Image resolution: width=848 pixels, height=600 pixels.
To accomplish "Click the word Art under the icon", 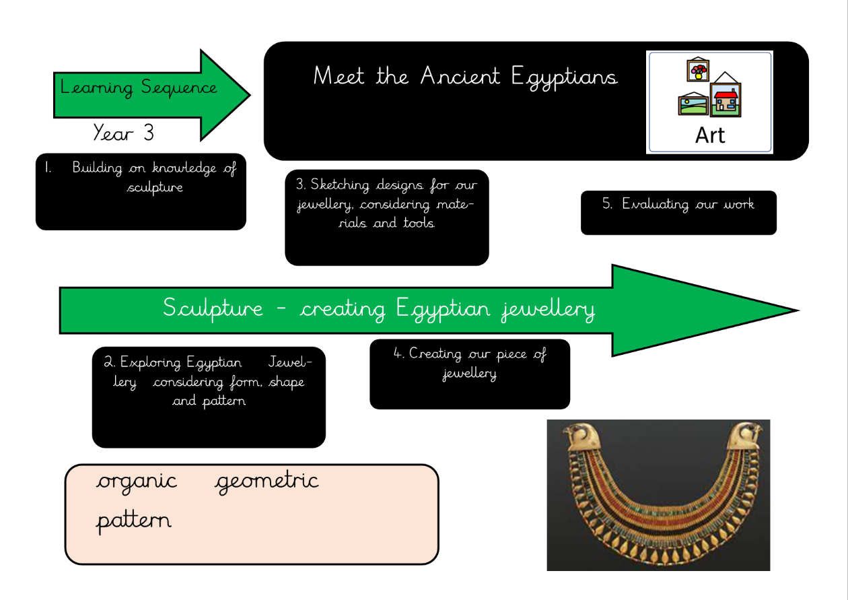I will coord(710,135).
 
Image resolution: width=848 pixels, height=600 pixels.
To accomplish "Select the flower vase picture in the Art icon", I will coord(697,69).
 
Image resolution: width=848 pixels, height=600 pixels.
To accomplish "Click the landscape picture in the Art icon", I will coord(693,105).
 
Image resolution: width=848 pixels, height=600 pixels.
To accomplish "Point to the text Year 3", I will coord(124,133).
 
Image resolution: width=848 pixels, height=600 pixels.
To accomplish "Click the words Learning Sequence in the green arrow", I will coord(139,88).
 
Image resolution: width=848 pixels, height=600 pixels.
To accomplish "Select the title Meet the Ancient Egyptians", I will coord(465,76).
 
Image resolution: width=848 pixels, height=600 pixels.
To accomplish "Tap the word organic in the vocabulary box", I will coord(137,482).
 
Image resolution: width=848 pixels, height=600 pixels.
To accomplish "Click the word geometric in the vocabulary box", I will coord(267,482).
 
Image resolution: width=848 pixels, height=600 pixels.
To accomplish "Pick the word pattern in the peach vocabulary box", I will coord(133,521).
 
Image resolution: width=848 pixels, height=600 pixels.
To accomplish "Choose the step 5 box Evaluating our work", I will coord(678,212).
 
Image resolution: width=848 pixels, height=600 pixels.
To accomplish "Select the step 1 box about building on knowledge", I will coord(141,192).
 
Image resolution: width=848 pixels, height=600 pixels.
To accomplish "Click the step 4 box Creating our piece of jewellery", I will coord(470,374).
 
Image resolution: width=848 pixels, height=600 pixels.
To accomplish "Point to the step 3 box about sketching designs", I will coord(387,217).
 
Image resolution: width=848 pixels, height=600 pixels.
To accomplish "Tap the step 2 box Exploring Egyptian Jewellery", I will coord(209,397).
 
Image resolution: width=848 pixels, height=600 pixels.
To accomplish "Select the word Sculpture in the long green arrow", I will coord(213,309).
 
